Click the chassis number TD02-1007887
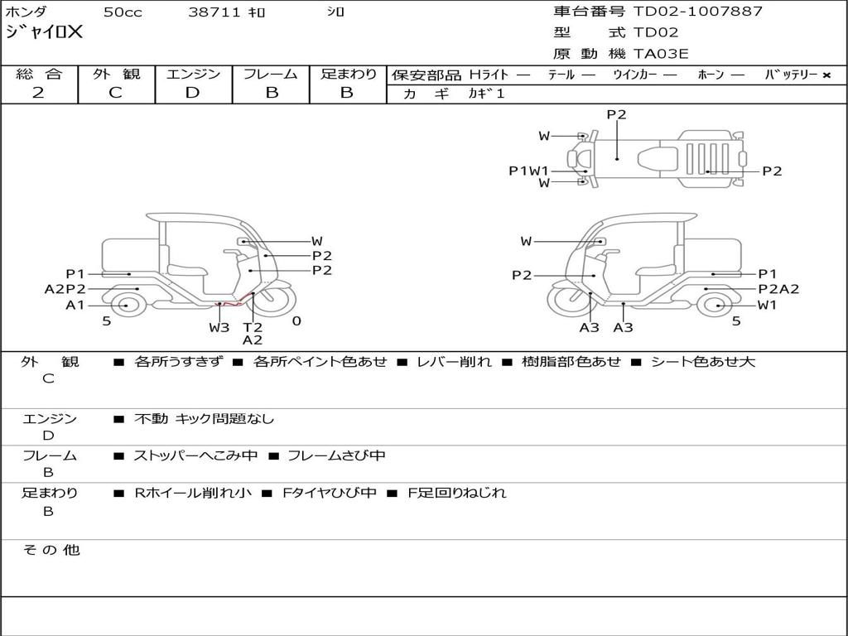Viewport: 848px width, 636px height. click(x=697, y=12)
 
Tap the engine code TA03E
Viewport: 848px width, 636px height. click(x=661, y=54)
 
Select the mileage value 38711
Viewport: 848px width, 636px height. click(x=214, y=12)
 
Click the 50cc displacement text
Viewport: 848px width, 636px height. click(x=123, y=12)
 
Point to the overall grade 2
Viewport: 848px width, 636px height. click(x=38, y=93)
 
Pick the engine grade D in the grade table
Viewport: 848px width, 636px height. click(x=192, y=93)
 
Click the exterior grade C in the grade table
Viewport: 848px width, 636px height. click(x=115, y=93)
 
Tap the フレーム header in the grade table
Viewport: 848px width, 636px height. click(x=271, y=74)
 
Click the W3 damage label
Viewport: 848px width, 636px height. click(x=219, y=327)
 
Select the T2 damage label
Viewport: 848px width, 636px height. click(x=253, y=327)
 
